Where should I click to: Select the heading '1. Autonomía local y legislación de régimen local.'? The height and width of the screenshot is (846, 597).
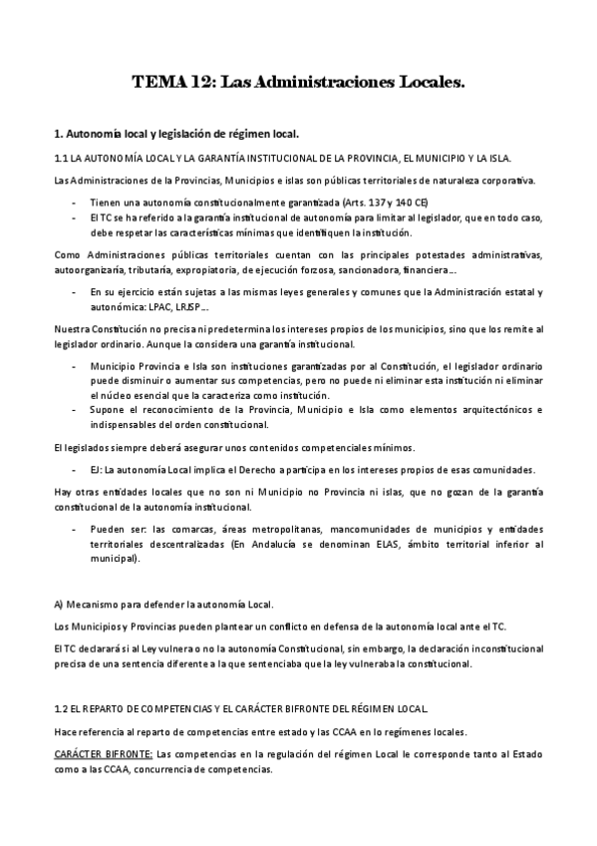point(175,133)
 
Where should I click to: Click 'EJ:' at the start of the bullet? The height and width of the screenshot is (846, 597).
point(97,470)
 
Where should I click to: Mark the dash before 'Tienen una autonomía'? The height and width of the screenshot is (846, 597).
point(76,203)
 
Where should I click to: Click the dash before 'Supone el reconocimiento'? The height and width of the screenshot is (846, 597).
point(76,410)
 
